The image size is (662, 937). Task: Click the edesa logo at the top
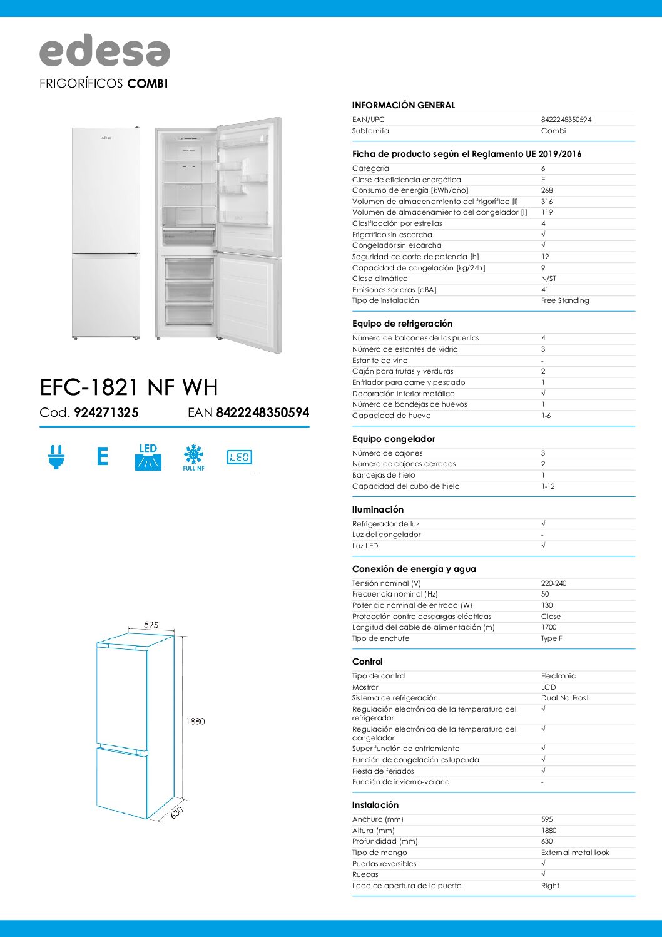click(x=104, y=51)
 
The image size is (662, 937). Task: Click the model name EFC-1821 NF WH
click(x=129, y=387)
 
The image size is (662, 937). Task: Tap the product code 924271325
click(x=106, y=412)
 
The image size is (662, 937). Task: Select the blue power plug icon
click(x=56, y=457)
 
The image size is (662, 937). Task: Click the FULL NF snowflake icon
click(x=193, y=458)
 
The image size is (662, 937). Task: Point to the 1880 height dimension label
click(x=195, y=721)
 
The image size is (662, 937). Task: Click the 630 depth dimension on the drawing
click(x=177, y=812)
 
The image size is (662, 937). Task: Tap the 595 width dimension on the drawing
click(x=151, y=624)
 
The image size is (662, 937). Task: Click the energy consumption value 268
click(x=547, y=190)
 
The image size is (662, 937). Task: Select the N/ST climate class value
click(x=548, y=279)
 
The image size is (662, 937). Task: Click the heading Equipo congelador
click(x=394, y=439)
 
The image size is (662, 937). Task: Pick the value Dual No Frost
click(x=564, y=698)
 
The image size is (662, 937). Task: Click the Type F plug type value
click(x=551, y=638)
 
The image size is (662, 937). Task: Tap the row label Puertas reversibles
click(x=384, y=864)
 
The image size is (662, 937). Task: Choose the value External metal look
click(x=574, y=853)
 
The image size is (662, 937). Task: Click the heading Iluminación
click(x=378, y=509)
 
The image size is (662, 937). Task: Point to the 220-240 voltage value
click(x=553, y=583)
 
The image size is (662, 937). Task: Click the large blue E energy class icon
click(x=103, y=456)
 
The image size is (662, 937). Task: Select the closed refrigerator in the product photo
click(x=106, y=233)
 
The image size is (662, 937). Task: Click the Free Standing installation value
click(x=564, y=300)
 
